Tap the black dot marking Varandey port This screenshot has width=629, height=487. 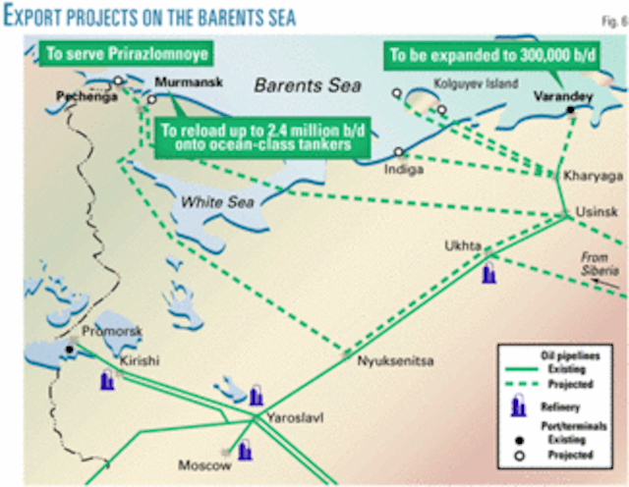pyautogui.click(x=570, y=110)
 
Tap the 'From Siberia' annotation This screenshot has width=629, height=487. pyautogui.click(x=598, y=263)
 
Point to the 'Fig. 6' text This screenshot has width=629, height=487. pyautogui.click(x=609, y=12)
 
